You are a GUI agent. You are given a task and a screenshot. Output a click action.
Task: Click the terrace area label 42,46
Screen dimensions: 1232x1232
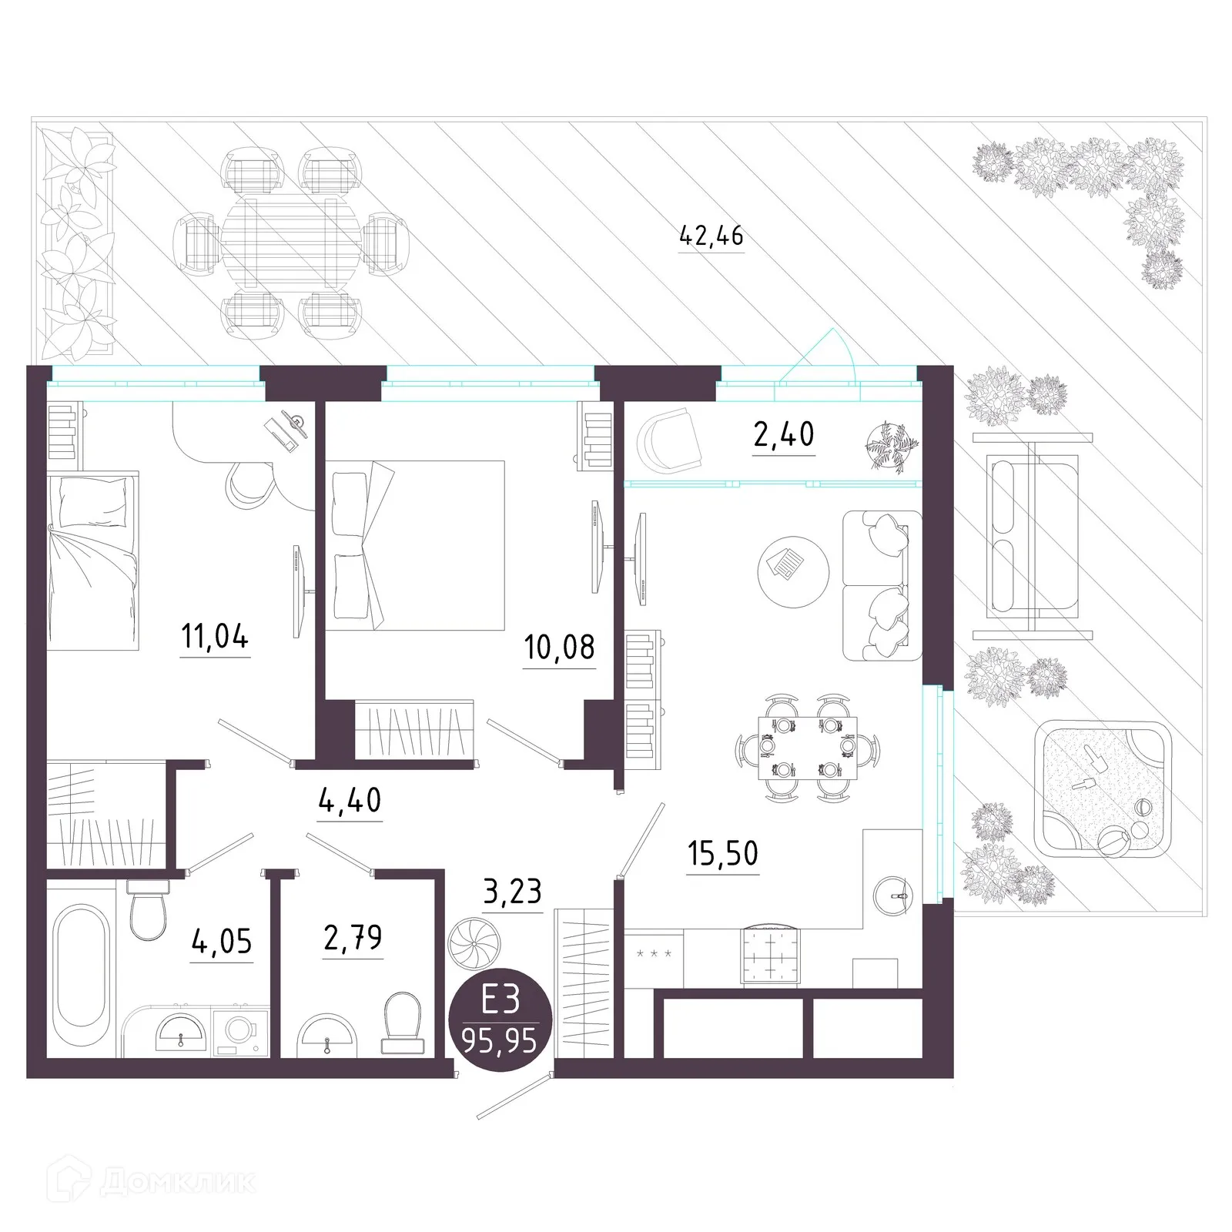coord(711,235)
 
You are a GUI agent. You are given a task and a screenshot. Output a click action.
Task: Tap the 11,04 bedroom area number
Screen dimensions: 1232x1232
coord(215,638)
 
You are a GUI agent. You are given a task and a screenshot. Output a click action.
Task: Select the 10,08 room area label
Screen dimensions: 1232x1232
coord(559,648)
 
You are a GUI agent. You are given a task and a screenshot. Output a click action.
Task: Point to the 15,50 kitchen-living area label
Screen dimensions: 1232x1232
coord(722,853)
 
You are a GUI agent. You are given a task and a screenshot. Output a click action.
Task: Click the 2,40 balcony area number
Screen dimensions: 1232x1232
coord(783,435)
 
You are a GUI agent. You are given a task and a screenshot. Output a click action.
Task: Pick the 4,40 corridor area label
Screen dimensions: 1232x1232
coord(350,801)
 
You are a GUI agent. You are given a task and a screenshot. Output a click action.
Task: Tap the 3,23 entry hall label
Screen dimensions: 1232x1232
coord(512,892)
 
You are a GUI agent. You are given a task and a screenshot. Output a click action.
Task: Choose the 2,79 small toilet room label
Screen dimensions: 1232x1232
coord(353,939)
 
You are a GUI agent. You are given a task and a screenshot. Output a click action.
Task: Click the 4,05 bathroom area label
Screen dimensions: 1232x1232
coord(222,942)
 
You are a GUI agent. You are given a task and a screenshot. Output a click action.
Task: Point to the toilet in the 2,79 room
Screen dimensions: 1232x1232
coord(401,1023)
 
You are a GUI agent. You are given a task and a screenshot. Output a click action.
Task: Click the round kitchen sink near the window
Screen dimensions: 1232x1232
coord(893,893)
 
